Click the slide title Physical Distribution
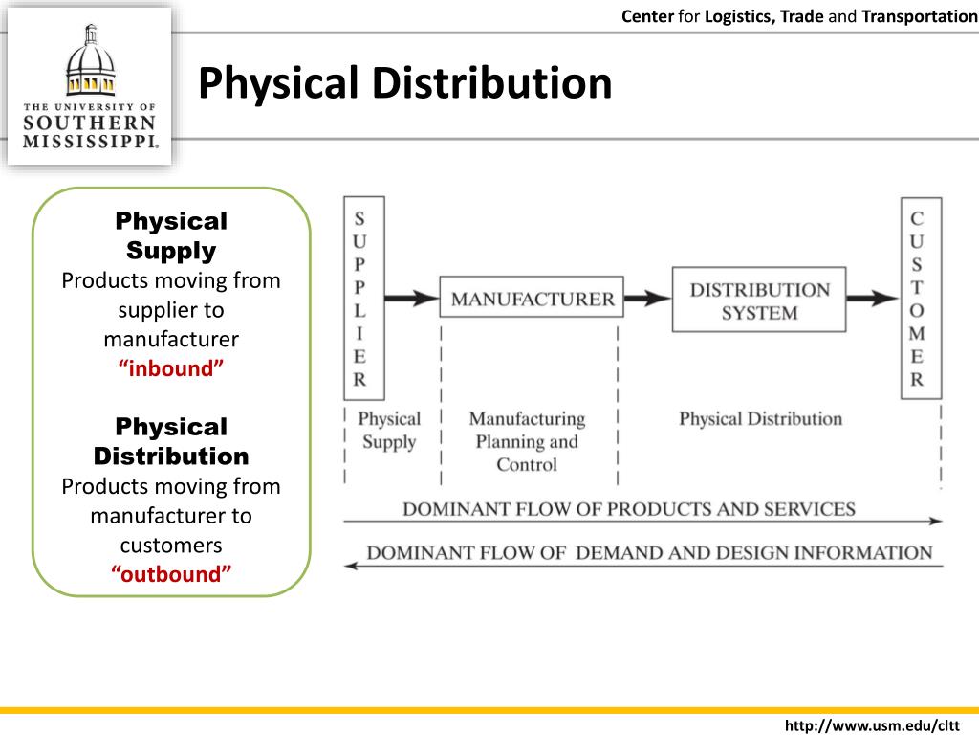pyautogui.click(x=404, y=83)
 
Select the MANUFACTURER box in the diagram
pyautogui.click(x=532, y=299)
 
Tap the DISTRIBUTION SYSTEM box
pyautogui.click(x=759, y=300)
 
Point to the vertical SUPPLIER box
pyautogui.click(x=363, y=299)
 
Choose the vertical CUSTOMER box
pyautogui.click(x=920, y=299)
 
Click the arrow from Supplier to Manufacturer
pyautogui.click(x=411, y=299)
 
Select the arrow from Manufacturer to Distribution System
pyautogui.click(x=648, y=299)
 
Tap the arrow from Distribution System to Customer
pyautogui.click(x=872, y=299)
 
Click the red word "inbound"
pyautogui.click(x=171, y=368)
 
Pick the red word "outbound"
pyautogui.click(x=171, y=574)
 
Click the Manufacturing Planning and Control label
pyautogui.click(x=526, y=441)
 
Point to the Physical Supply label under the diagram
pyautogui.click(x=388, y=430)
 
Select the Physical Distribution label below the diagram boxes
pyautogui.click(x=760, y=418)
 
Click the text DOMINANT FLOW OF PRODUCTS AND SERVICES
pyautogui.click(x=628, y=508)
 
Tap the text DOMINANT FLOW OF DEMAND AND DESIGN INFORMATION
pyautogui.click(x=649, y=552)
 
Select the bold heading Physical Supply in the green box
pyautogui.click(x=171, y=235)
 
